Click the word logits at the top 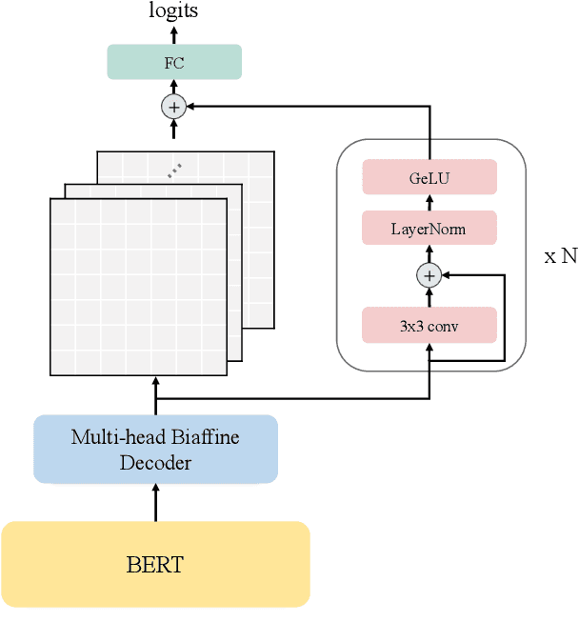[173, 11]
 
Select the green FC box [173, 63]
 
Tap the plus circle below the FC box [173, 107]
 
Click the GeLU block [429, 177]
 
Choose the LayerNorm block [429, 229]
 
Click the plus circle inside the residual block [429, 276]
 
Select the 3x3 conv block [429, 325]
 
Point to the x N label [560, 256]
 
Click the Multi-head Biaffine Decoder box [155, 449]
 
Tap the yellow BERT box [155, 564]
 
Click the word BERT [155, 564]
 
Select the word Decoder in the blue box [155, 463]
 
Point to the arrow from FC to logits [173, 34]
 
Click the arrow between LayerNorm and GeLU [429, 203]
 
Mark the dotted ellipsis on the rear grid [174, 171]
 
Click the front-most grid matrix [138, 286]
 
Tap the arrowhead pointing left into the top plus [190, 107]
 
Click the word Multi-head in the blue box [111, 437]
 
